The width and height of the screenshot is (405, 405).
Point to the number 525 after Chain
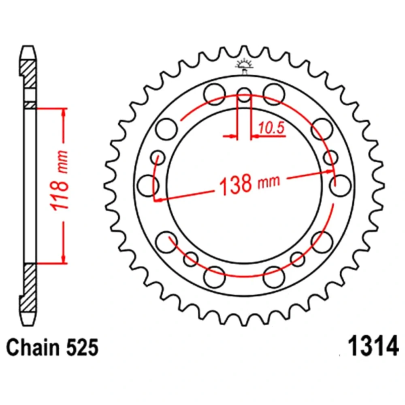click(82, 347)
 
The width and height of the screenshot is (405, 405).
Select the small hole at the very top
click(244, 94)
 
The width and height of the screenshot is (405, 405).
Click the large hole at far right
click(341, 185)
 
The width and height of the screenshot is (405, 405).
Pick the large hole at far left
click(148, 185)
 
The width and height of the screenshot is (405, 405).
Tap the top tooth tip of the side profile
click(28, 47)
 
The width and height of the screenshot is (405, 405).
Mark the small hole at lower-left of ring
click(191, 259)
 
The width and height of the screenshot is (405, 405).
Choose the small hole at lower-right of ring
click(298, 259)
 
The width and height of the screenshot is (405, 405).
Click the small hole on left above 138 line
click(158, 158)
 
